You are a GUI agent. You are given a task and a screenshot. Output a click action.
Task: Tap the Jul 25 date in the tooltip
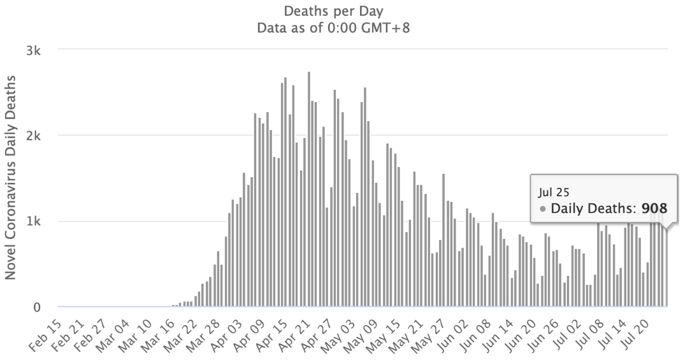click(x=549, y=191)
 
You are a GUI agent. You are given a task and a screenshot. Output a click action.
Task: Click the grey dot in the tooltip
click(x=542, y=208)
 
